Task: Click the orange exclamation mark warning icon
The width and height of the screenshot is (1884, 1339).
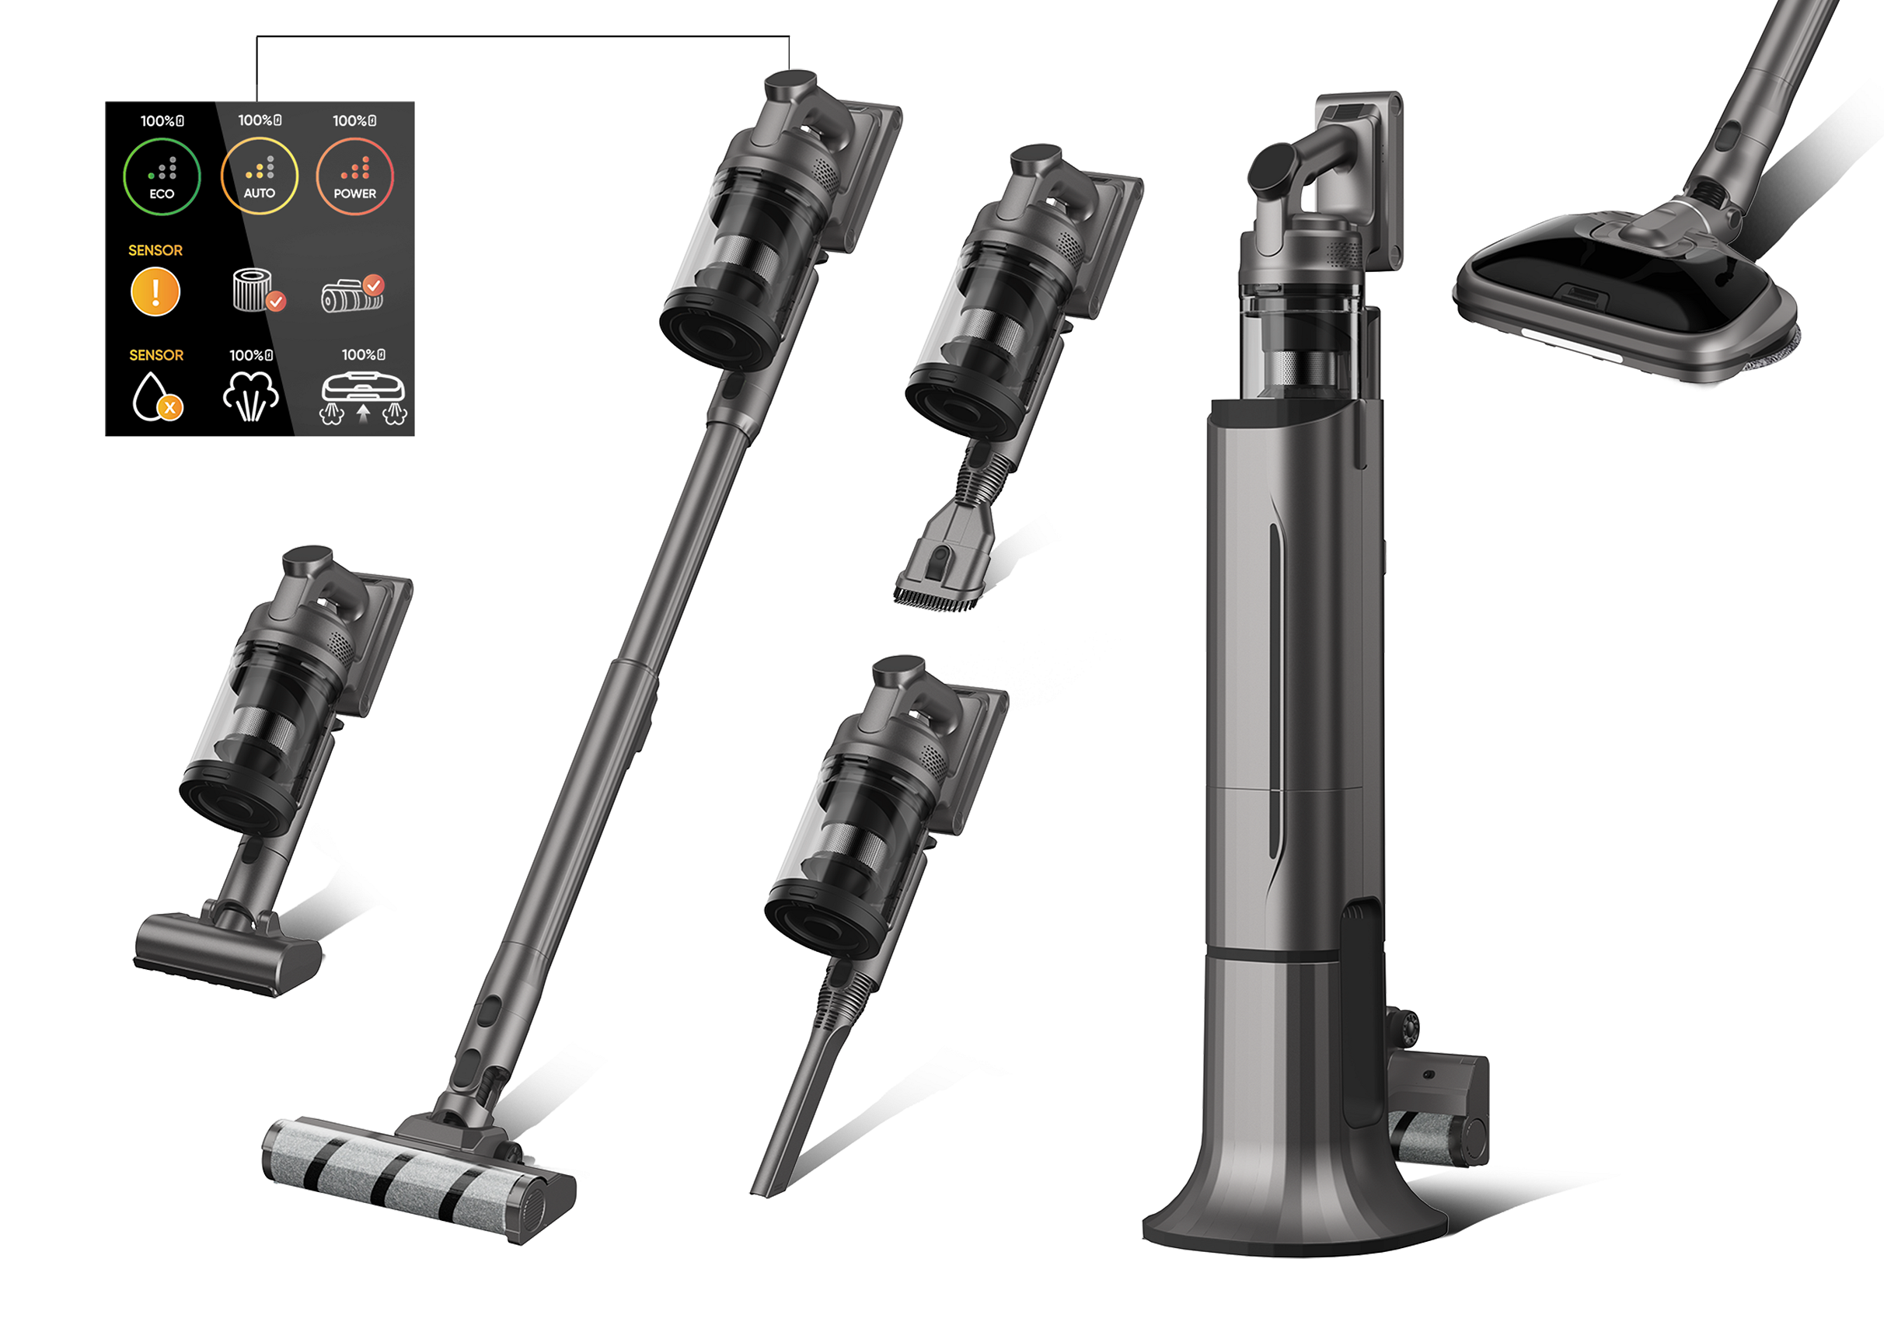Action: tap(155, 293)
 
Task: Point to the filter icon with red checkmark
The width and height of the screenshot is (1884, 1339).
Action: tap(258, 290)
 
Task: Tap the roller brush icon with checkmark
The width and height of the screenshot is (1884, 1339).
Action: tap(353, 294)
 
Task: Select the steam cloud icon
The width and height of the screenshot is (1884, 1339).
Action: tap(250, 396)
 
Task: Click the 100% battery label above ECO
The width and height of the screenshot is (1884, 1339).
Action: tap(162, 121)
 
